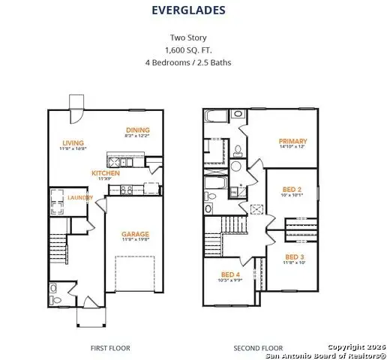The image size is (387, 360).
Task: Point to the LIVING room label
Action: (73, 142)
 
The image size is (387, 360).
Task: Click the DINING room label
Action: (136, 130)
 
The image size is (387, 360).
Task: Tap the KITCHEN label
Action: (106, 172)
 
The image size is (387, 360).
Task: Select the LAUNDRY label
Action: (79, 197)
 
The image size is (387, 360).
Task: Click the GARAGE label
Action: (136, 234)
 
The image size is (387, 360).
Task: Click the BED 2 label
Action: (292, 189)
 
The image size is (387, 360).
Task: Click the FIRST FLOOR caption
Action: (110, 348)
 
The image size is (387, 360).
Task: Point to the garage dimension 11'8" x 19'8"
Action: (136, 241)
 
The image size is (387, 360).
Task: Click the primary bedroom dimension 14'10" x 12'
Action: (292, 147)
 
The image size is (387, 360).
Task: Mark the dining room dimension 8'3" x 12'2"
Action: (136, 136)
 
